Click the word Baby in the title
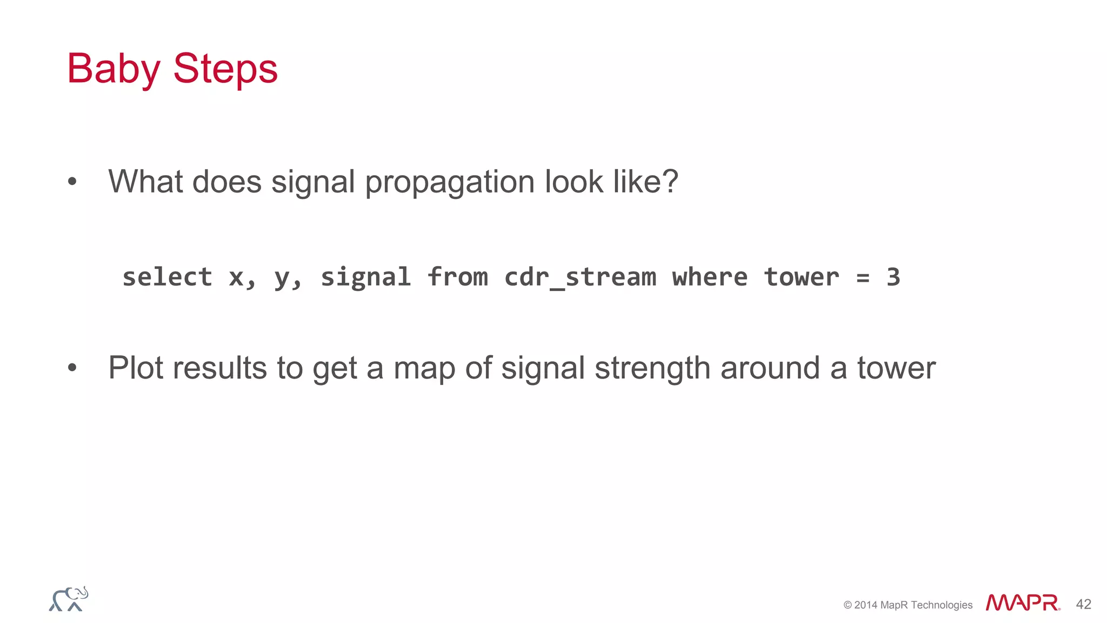pyautogui.click(x=114, y=69)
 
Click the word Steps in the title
pyautogui.click(x=225, y=69)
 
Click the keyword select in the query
pyautogui.click(x=167, y=277)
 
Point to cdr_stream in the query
pyautogui.click(x=580, y=277)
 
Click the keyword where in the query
pyautogui.click(x=710, y=277)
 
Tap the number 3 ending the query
pyautogui.click(x=893, y=277)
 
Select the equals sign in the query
pyautogui.click(x=863, y=278)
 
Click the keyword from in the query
pyautogui.click(x=457, y=277)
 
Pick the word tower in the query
pyautogui.click(x=801, y=277)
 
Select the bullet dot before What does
pyautogui.click(x=72, y=182)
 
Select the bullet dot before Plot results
pyautogui.click(x=72, y=368)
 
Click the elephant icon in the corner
pyautogui.click(x=69, y=599)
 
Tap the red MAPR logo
pyautogui.click(x=1022, y=602)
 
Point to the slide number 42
pyautogui.click(x=1083, y=604)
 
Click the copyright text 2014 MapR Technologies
pyautogui.click(x=908, y=605)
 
